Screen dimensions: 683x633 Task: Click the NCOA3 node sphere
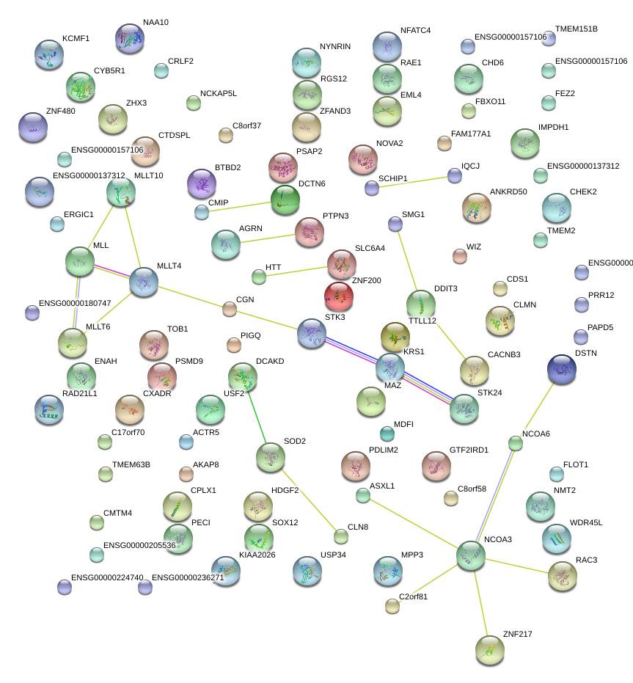point(470,555)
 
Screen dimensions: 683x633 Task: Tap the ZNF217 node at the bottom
point(489,649)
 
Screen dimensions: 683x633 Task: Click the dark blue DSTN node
point(562,368)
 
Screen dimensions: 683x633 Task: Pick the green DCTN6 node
point(285,199)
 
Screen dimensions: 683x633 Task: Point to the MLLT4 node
point(144,282)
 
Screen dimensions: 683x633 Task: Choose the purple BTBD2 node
point(202,183)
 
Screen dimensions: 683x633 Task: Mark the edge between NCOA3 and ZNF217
point(480,602)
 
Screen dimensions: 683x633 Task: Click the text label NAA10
point(155,23)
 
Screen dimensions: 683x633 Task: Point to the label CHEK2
point(583,192)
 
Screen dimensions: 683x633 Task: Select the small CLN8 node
point(340,536)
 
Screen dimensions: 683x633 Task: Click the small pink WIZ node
point(460,255)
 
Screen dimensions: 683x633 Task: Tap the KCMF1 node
point(49,54)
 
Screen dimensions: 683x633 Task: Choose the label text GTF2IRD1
point(469,450)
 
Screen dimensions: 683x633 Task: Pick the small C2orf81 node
point(392,605)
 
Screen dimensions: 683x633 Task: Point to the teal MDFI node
point(387,434)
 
